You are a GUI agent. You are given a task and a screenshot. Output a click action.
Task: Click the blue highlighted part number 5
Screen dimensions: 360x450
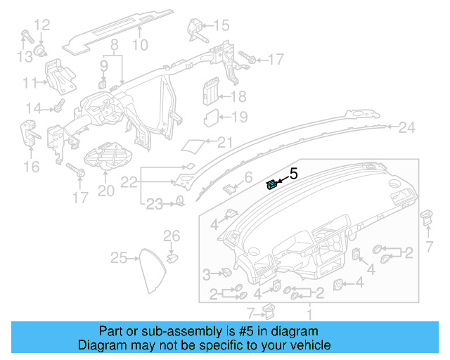(x=271, y=185)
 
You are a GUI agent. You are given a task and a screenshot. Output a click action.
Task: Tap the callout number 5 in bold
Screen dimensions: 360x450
(x=294, y=173)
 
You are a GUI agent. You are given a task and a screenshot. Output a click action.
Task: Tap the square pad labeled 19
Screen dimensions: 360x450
(x=212, y=117)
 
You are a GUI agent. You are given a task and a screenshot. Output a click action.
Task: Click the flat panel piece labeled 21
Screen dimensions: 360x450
(x=193, y=145)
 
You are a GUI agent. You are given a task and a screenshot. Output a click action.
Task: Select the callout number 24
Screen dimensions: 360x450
(x=407, y=127)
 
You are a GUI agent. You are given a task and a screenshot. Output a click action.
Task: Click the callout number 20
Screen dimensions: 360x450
(x=105, y=191)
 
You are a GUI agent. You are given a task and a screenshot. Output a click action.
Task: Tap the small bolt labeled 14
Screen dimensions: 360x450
(x=58, y=108)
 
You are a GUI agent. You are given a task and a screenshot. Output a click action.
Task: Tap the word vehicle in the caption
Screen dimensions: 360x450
(x=310, y=345)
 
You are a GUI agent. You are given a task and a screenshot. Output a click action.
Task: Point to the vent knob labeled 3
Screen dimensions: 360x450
(x=226, y=273)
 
